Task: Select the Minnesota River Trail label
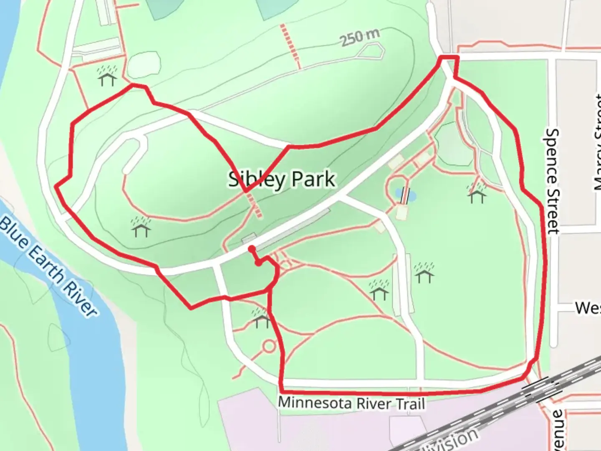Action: point(351,403)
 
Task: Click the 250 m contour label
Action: point(359,38)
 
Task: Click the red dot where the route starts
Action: point(252,249)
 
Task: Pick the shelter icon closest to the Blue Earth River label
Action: point(141,226)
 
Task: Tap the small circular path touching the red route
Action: point(269,346)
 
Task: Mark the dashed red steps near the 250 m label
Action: point(290,46)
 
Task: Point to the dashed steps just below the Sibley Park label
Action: point(255,207)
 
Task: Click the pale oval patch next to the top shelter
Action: point(143,65)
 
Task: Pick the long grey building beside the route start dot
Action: point(292,230)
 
